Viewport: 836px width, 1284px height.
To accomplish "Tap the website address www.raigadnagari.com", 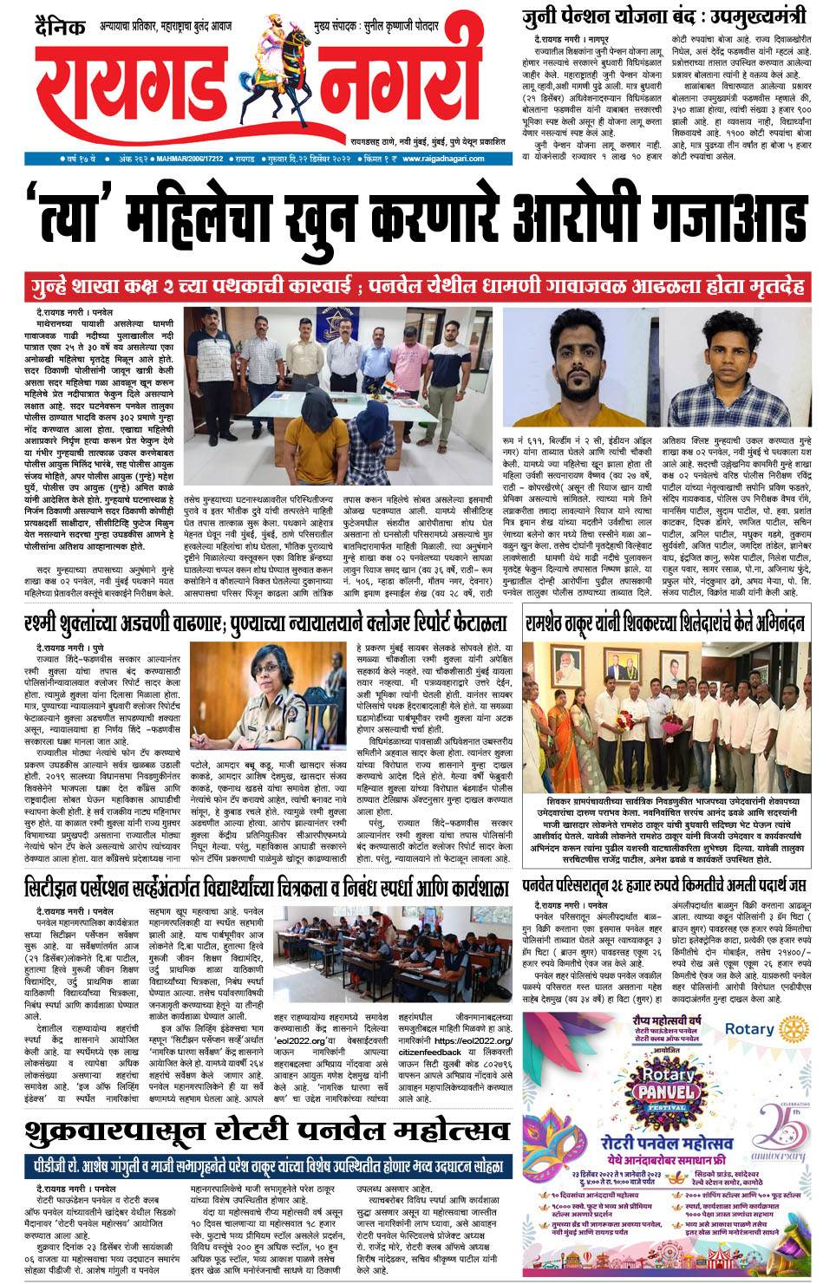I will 443,159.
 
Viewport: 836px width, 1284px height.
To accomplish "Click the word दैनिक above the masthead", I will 60,27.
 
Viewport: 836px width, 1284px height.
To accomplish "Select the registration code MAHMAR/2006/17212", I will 190,159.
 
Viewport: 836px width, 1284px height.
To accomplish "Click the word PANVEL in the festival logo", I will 666,1092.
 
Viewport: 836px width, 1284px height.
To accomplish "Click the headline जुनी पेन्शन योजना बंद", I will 664,16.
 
